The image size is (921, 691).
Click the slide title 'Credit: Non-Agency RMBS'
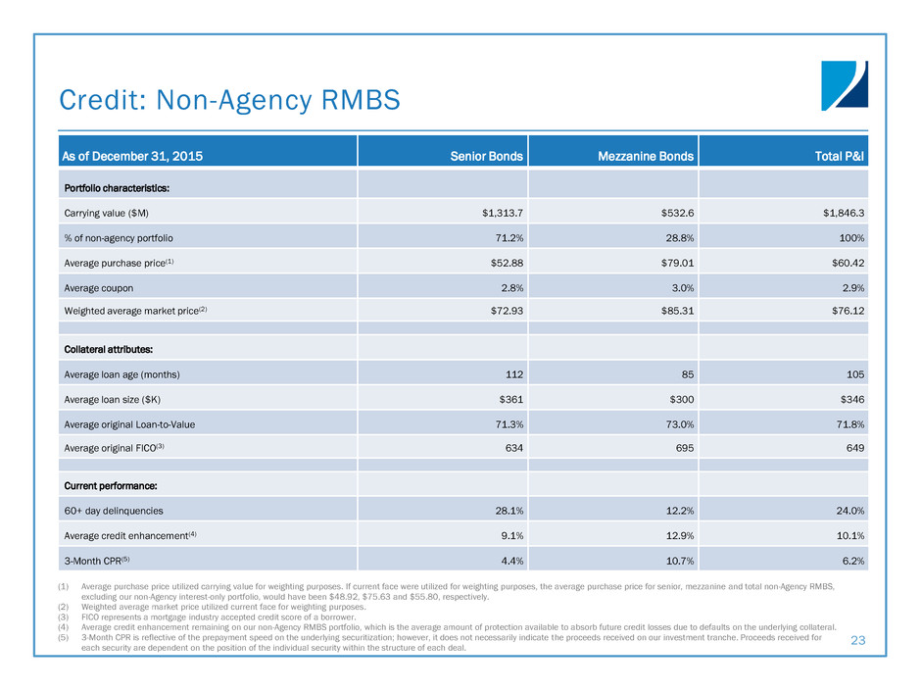[229, 99]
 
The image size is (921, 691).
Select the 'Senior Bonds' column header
[486, 156]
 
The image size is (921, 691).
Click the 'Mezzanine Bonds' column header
[648, 156]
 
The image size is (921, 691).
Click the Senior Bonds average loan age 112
[510, 374]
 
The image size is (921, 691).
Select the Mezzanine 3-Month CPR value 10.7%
[675, 561]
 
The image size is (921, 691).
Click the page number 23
[859, 639]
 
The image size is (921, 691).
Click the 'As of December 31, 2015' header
[132, 156]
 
